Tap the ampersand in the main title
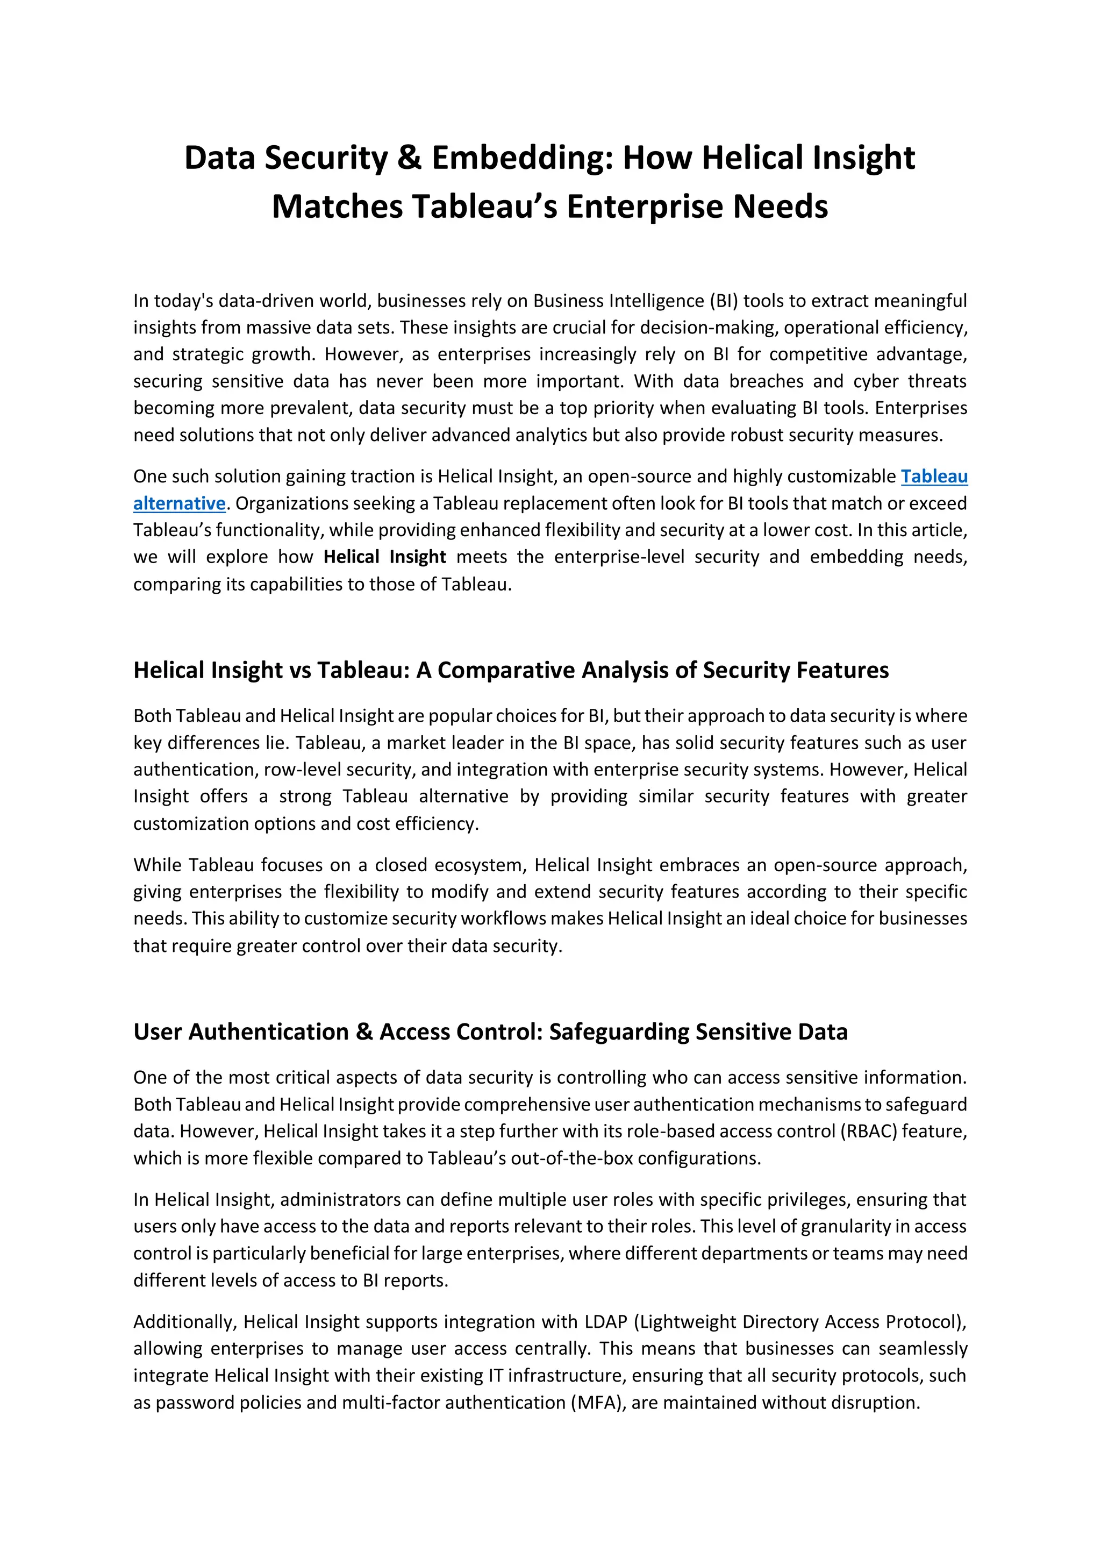[409, 158]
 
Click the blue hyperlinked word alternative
[179, 503]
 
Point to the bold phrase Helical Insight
[384, 557]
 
